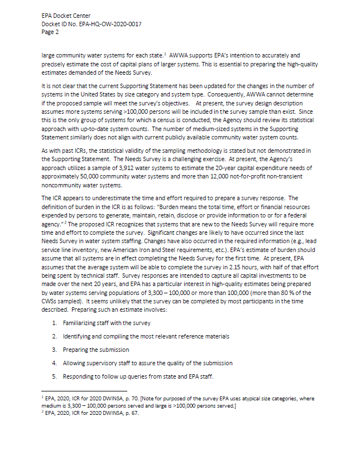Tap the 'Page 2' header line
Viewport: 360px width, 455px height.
tap(50, 32)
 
